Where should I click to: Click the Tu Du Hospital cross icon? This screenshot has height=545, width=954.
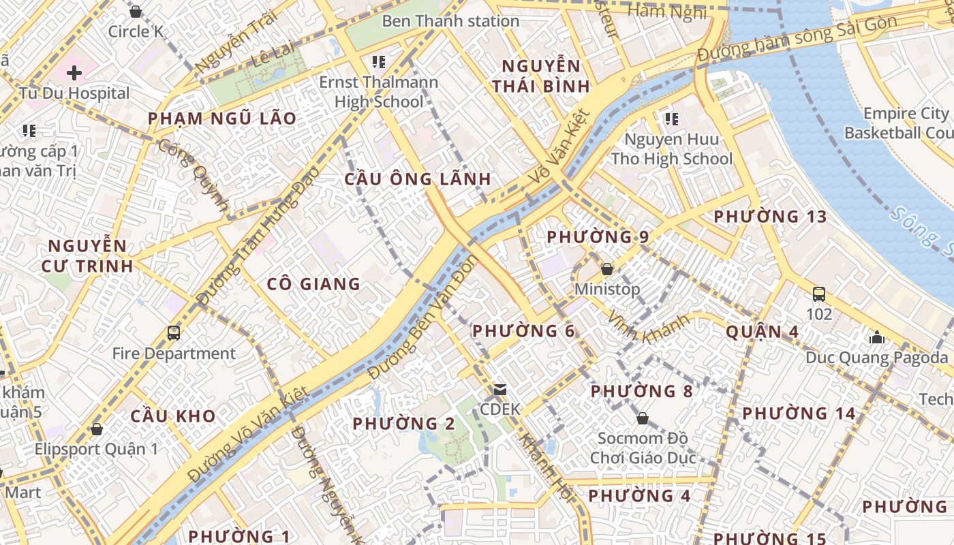tap(74, 73)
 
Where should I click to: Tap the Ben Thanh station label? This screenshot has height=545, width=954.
tap(450, 21)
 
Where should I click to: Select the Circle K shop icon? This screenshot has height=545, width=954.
tap(135, 12)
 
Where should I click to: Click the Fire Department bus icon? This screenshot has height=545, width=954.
tap(174, 333)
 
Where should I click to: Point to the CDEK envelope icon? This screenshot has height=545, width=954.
tap(500, 390)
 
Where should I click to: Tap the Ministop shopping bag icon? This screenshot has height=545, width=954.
tap(607, 269)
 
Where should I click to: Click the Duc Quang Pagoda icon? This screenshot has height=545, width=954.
tap(876, 337)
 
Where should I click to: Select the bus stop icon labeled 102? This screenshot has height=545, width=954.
tap(819, 294)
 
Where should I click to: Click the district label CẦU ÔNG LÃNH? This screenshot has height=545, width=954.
tap(417, 179)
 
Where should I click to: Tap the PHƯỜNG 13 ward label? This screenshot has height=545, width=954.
tap(769, 217)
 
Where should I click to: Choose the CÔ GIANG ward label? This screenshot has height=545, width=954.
tap(313, 284)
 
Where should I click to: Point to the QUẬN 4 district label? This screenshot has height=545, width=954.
tap(762, 332)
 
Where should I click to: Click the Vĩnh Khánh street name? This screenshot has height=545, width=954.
tap(649, 327)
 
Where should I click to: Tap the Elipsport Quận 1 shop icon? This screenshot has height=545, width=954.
tap(97, 429)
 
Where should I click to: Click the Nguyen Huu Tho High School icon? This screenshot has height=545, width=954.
tap(672, 119)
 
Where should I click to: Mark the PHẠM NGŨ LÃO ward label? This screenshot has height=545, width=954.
tap(222, 119)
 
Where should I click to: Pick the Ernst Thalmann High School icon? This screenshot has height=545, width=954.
tap(379, 63)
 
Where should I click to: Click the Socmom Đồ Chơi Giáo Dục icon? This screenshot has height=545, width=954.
tap(642, 418)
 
